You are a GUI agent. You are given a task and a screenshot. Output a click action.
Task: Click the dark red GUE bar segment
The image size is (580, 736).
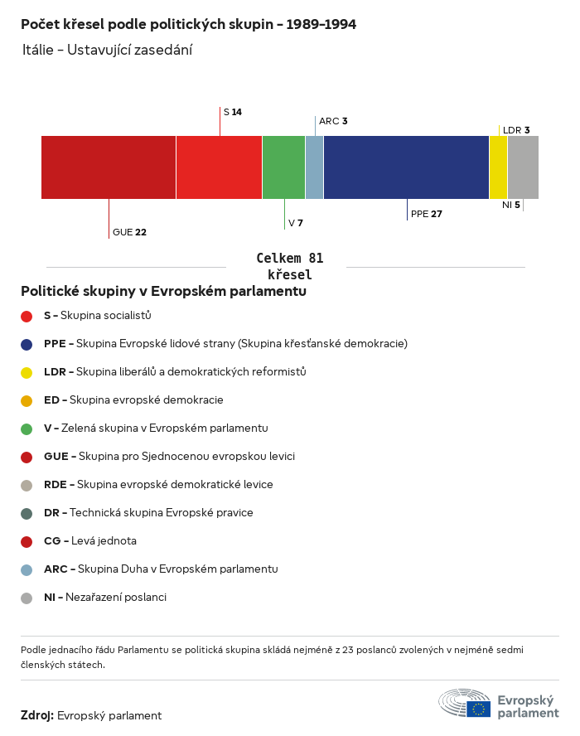tap(109, 167)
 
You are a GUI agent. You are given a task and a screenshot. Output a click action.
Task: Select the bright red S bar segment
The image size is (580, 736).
tap(219, 167)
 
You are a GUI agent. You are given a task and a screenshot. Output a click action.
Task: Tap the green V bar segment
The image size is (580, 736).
tap(283, 167)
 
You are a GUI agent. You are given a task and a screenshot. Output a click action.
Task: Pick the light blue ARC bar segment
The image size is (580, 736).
tap(314, 167)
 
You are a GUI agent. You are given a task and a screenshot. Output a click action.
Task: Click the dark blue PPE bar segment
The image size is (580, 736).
tap(406, 167)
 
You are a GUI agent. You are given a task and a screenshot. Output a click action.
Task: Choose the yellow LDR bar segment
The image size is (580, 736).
tap(498, 167)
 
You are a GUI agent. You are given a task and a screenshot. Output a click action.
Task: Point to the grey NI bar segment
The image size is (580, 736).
tap(523, 167)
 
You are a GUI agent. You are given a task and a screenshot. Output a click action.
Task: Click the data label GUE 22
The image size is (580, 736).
tap(129, 232)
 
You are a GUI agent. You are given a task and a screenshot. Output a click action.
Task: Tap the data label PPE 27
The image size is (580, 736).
tap(426, 214)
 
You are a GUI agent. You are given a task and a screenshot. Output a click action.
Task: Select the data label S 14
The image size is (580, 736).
tap(232, 112)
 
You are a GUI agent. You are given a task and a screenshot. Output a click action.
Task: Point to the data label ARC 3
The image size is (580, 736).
tap(333, 121)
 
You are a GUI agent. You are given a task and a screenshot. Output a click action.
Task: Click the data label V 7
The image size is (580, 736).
tap(295, 224)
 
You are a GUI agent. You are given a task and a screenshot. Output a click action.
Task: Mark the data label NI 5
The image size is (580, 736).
tap(511, 205)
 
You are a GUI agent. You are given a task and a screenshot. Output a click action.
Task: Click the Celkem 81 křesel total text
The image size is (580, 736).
tap(289, 266)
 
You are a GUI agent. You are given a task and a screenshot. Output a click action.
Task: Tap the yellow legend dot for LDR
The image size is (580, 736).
tap(27, 372)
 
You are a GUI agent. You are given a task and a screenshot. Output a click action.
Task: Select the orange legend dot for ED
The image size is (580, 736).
tap(27, 400)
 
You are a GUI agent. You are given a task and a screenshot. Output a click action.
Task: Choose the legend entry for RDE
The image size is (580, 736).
tap(157, 485)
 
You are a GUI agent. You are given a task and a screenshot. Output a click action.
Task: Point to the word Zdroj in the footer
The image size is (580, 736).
tap(37, 715)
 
